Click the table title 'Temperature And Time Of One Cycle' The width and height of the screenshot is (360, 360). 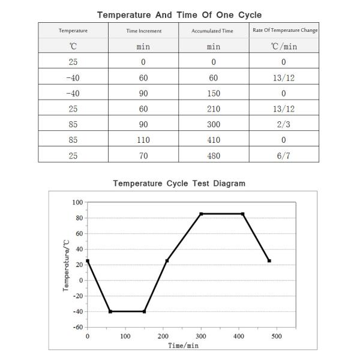[x=179, y=14]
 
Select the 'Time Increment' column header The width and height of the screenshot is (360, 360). [x=143, y=31]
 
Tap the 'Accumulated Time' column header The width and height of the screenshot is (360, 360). [x=214, y=31]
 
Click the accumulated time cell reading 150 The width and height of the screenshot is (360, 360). [x=214, y=93]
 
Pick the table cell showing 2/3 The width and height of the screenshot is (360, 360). [x=284, y=124]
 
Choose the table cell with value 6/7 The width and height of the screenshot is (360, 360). [x=284, y=156]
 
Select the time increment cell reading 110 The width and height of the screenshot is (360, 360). [x=143, y=140]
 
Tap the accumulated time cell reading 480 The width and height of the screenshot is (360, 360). [x=214, y=156]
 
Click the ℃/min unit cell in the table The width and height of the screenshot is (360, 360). [x=284, y=46]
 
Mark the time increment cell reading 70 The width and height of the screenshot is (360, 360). [x=143, y=156]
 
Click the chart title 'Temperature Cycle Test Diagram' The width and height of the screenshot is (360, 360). [x=179, y=183]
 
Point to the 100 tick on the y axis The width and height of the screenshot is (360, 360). [x=77, y=203]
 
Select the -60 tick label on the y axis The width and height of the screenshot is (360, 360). [x=77, y=328]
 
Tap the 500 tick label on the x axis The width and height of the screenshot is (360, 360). [x=277, y=336]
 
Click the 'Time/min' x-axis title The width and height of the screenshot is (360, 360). [x=183, y=346]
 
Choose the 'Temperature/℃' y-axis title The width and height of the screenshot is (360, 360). [x=65, y=265]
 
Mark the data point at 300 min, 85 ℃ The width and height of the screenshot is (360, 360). [x=201, y=214]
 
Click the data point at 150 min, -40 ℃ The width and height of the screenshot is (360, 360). [x=144, y=311]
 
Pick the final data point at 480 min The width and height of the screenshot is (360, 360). [x=269, y=261]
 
